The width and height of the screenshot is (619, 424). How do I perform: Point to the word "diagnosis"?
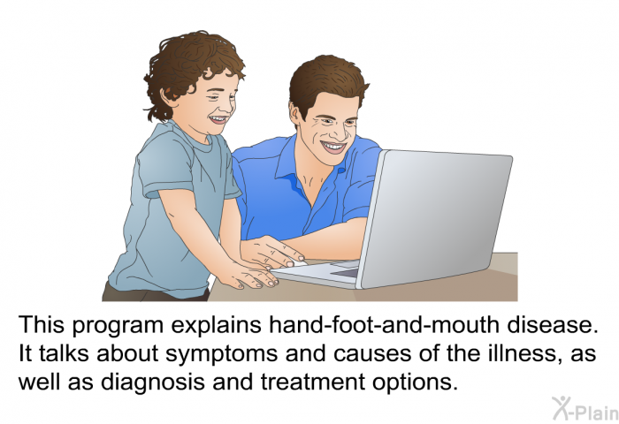coord(152,382)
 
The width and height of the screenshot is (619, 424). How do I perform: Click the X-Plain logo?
coord(585,409)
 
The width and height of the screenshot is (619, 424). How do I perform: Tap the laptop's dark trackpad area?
coord(345,273)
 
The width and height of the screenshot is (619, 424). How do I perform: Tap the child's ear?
coord(169,96)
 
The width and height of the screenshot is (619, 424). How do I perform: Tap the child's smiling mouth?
coord(217,118)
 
